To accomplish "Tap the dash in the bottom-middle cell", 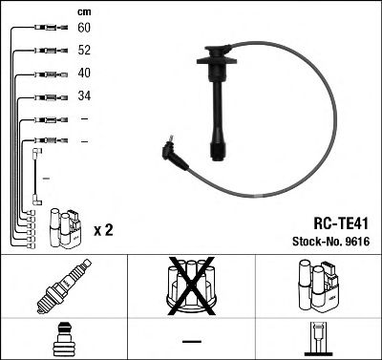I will [191, 340].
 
